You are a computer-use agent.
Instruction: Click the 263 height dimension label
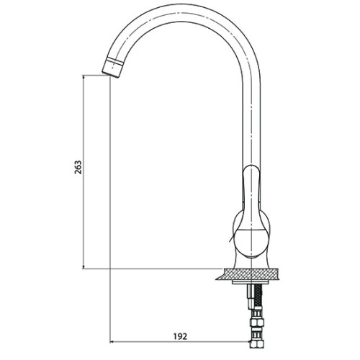(x=78, y=167)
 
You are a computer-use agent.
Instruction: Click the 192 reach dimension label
(x=180, y=336)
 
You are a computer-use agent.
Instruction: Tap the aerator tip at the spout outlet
(x=112, y=70)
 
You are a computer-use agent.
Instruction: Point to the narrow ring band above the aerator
(x=114, y=60)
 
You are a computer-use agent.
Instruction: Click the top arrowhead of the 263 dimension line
(x=84, y=77)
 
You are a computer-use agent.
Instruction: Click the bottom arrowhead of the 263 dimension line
(x=84, y=266)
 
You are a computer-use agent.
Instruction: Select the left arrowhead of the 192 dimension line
(x=112, y=342)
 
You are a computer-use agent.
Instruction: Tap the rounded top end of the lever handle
(x=251, y=167)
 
